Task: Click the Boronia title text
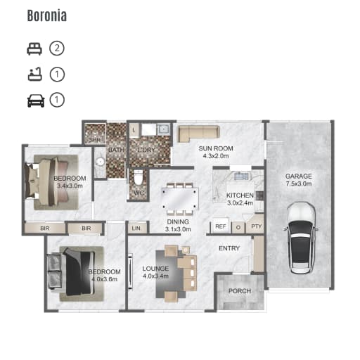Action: click(47, 15)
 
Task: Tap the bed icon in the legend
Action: click(34, 49)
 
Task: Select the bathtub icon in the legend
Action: click(35, 75)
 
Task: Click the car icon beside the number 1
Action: click(36, 101)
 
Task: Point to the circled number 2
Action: click(57, 49)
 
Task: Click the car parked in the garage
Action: click(301, 238)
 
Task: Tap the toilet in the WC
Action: click(138, 177)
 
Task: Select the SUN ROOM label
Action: click(216, 148)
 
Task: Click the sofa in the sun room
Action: click(199, 134)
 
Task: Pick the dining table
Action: click(180, 199)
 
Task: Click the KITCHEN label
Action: click(240, 195)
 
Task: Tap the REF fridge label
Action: click(221, 226)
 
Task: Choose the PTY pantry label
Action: click(256, 226)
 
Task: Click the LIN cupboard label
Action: click(136, 228)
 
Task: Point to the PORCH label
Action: click(240, 291)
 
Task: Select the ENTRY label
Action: click(229, 248)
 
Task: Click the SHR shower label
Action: click(95, 140)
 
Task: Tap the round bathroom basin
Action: click(101, 162)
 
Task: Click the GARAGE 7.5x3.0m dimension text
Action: click(299, 184)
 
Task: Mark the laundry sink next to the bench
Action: click(163, 129)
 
